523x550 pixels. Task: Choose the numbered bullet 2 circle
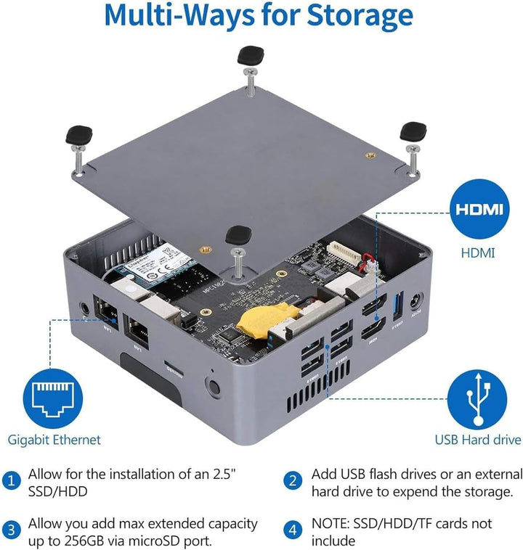293,480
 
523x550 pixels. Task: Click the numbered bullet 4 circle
293,529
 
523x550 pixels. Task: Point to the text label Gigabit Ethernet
54,440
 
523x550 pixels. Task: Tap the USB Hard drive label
477,440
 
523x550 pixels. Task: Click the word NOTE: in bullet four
332,523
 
